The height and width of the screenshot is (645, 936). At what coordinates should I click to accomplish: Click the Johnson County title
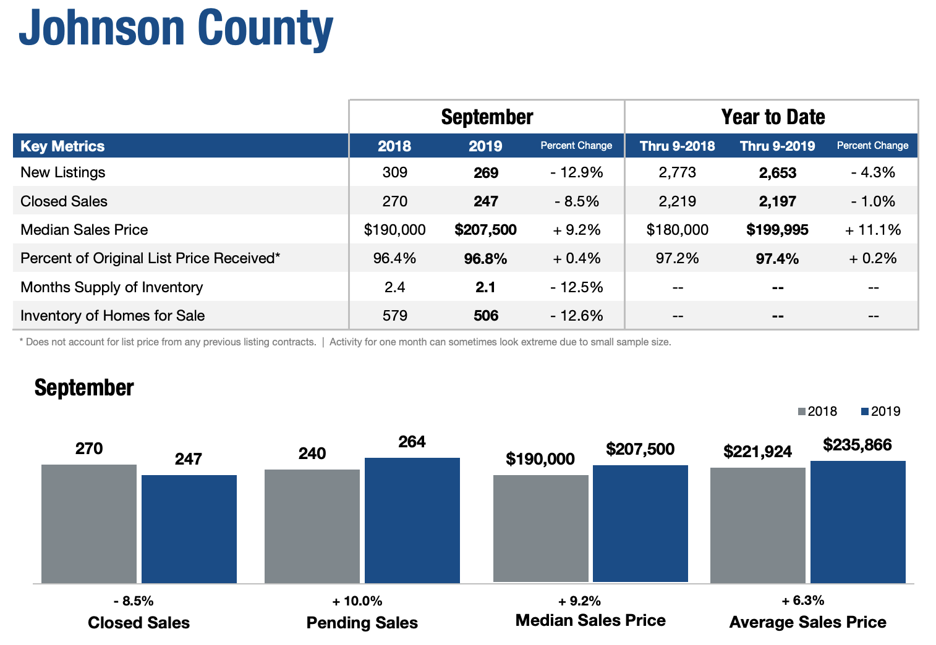click(176, 28)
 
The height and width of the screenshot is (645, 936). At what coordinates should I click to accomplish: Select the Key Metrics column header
click(62, 146)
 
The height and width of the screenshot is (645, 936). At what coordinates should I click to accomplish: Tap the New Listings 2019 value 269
click(485, 172)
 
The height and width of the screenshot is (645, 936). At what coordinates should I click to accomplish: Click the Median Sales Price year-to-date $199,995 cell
click(777, 230)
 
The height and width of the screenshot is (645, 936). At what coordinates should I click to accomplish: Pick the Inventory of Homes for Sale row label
click(113, 316)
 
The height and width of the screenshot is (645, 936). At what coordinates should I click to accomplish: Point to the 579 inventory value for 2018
click(394, 316)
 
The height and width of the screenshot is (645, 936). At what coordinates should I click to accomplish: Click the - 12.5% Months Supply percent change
click(576, 287)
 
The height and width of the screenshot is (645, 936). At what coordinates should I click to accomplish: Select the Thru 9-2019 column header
click(777, 146)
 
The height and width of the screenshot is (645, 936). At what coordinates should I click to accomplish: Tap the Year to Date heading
click(773, 117)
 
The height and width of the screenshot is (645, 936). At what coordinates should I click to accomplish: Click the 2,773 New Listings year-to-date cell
click(678, 172)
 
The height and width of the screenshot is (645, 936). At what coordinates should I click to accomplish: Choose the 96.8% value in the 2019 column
click(485, 259)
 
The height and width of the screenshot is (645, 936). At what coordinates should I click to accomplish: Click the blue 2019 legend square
click(864, 411)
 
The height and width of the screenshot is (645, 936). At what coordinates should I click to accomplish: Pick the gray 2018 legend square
click(801, 411)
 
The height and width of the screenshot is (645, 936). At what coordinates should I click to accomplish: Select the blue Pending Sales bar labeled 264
click(412, 520)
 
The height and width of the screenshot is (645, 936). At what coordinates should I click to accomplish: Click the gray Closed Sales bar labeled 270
click(88, 523)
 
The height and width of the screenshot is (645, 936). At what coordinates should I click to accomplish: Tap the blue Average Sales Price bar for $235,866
click(858, 522)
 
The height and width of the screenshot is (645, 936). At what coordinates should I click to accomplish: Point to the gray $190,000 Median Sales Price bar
click(541, 528)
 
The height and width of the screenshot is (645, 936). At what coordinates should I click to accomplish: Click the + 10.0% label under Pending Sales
click(357, 601)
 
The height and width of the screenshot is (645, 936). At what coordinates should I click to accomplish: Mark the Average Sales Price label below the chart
click(808, 622)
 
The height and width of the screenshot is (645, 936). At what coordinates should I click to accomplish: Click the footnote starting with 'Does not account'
click(168, 342)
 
